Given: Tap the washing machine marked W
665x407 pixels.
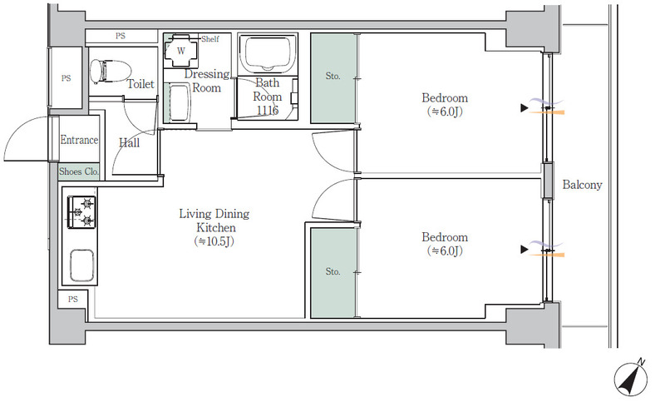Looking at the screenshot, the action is (181, 51).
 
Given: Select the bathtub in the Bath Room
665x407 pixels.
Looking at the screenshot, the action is (267, 53).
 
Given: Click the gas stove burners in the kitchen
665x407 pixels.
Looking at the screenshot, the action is (81, 211).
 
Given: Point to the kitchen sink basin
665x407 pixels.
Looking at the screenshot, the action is (81, 266).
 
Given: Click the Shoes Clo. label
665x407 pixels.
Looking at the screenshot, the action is (79, 171).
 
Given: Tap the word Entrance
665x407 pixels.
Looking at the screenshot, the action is (79, 140).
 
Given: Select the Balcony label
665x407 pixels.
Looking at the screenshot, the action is (583, 185).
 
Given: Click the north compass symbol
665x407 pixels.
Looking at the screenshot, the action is (631, 378).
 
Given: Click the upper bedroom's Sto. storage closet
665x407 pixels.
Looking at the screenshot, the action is (333, 78).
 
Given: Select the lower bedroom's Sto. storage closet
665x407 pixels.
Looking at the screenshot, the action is (333, 273).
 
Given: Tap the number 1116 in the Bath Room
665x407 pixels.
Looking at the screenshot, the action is (268, 111).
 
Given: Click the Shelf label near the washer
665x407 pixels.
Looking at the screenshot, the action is (210, 39).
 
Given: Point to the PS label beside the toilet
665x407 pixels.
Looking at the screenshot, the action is (66, 78).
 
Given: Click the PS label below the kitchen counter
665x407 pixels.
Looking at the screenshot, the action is (73, 300).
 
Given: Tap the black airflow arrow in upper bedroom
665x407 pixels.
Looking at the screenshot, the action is (525, 108).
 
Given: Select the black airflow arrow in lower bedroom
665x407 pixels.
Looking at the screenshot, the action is (525, 250).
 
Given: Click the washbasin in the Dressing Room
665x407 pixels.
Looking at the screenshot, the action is (179, 102).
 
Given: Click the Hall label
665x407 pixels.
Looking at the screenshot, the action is (130, 143).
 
